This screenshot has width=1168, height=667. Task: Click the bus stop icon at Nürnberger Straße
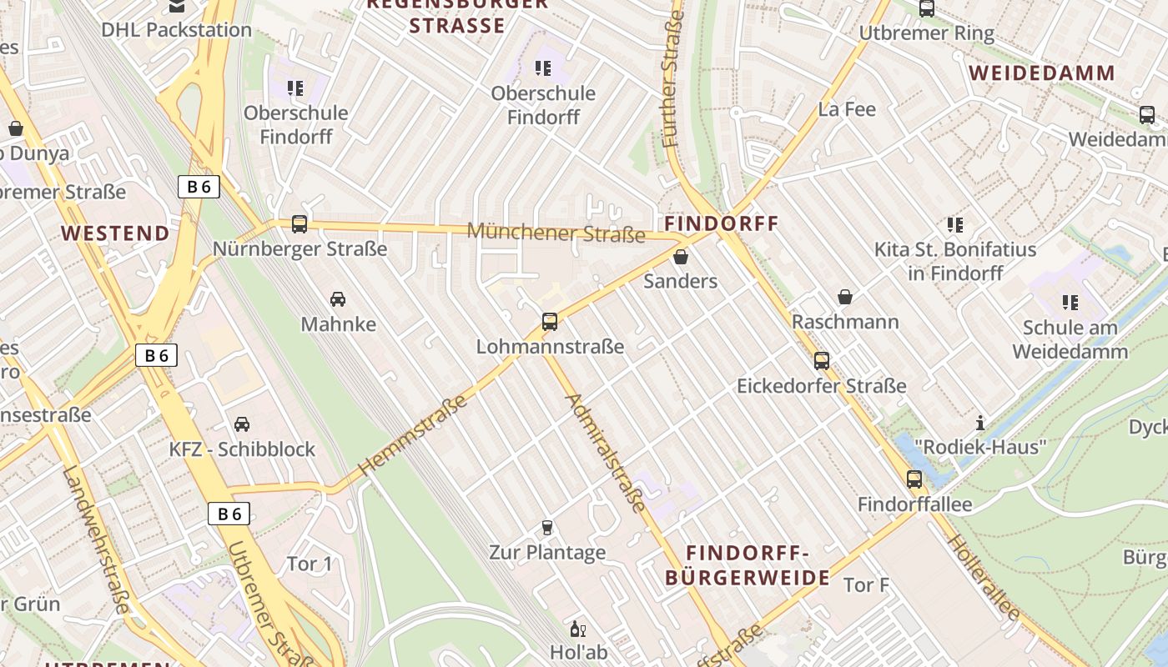(300, 223)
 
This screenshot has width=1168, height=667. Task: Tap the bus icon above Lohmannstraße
(549, 321)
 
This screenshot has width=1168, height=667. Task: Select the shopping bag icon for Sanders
(681, 257)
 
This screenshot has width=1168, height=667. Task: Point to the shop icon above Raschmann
(845, 297)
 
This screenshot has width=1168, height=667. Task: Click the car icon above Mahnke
(338, 298)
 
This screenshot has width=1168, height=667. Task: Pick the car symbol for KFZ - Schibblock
(242, 424)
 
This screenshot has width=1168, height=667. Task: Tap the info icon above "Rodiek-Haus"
(980, 423)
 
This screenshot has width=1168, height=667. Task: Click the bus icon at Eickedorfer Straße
(822, 360)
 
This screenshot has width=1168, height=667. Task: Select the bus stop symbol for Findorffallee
(914, 479)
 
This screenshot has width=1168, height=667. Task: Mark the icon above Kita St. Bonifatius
(955, 224)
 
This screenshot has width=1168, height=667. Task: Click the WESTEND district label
(115, 233)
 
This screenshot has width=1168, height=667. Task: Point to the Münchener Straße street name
(556, 232)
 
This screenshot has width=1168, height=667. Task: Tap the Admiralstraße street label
(606, 452)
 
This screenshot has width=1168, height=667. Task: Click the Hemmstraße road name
(414, 437)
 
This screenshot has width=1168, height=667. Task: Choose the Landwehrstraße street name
(95, 540)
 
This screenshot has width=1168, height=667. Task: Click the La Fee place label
(847, 109)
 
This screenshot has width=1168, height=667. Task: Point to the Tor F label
(866, 585)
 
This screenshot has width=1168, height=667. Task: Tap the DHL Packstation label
(176, 30)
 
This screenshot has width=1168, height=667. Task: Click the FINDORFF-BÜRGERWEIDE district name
(747, 565)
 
